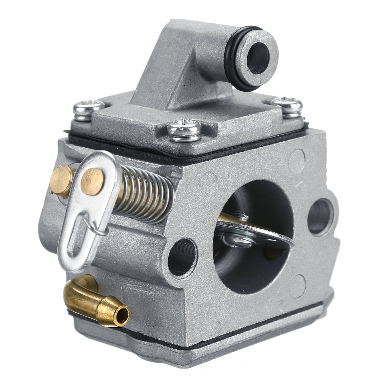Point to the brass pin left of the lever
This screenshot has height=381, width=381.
61,181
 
